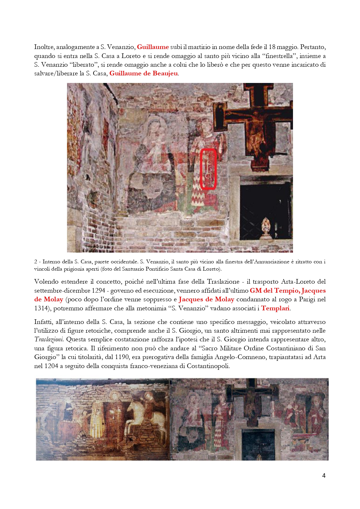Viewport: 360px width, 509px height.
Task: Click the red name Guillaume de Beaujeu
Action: pos(144,73)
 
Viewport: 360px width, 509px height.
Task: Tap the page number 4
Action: pos(324,475)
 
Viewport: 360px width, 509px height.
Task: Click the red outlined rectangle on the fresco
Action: pos(209,169)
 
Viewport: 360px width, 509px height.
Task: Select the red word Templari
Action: pos(275,308)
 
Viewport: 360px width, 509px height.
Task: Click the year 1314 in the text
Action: pos(41,308)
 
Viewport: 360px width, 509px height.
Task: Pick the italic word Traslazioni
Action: pos(48,339)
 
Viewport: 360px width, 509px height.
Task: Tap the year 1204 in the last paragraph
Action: pos(51,366)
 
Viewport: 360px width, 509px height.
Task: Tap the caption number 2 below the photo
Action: pos(36,262)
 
